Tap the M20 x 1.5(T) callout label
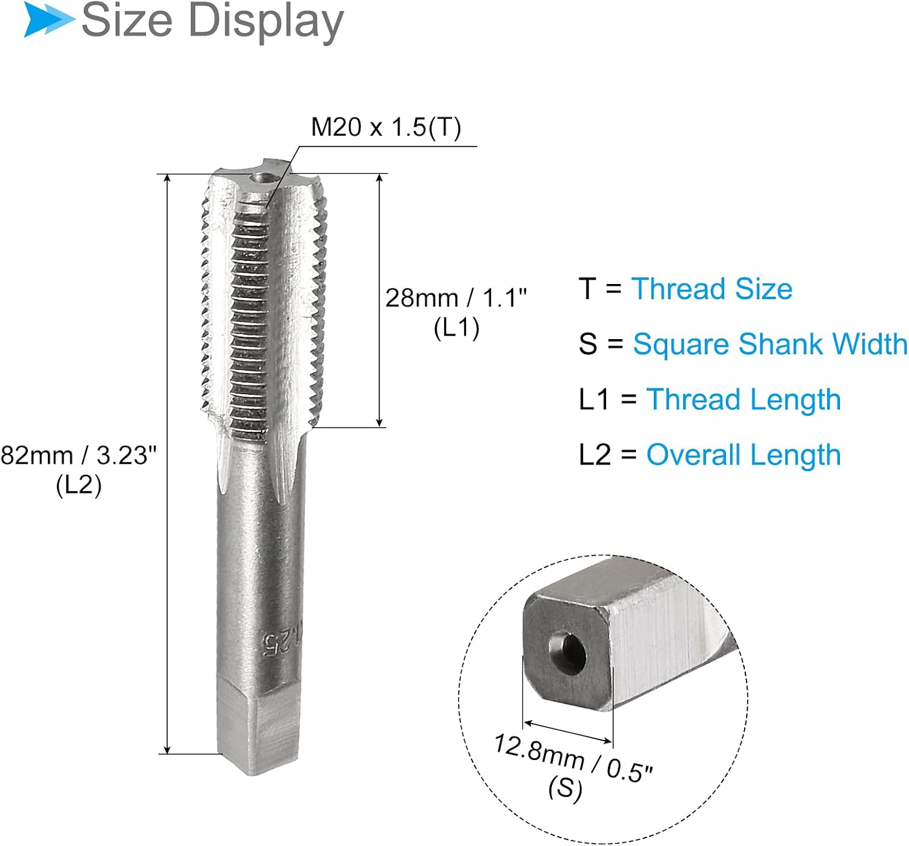coord(386,127)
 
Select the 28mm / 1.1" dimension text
coord(456,298)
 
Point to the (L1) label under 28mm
coord(456,328)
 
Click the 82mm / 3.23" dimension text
coord(79,455)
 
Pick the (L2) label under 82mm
coord(79,485)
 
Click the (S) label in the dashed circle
coord(565,789)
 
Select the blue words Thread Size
coord(711,289)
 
